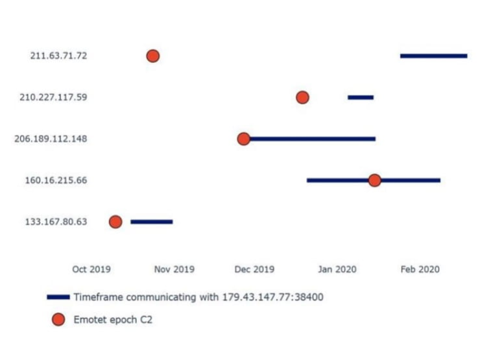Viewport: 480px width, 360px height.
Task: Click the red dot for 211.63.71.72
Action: coord(152,56)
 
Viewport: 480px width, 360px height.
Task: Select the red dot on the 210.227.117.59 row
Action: coord(302,97)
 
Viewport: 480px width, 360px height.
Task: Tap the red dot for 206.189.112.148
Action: coord(244,139)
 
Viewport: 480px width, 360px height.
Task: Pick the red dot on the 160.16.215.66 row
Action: coord(374,180)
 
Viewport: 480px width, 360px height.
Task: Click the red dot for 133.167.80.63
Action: coord(115,222)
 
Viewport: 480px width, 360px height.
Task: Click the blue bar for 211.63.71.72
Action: coord(433,56)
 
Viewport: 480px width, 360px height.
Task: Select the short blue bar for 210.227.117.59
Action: coord(361,97)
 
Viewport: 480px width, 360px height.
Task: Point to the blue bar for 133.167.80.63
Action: coord(152,222)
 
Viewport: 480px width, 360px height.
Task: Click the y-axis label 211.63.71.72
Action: coord(58,56)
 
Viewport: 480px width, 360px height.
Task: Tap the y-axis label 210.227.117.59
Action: coord(54,97)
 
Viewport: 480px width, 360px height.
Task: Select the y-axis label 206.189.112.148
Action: coord(51,139)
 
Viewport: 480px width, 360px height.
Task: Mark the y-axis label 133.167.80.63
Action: coord(56,222)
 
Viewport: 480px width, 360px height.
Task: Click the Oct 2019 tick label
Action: coord(91,269)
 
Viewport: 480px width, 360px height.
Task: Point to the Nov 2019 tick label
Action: coord(174,269)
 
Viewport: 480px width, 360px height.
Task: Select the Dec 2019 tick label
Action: coord(254,269)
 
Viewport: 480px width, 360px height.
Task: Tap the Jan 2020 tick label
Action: coord(337,269)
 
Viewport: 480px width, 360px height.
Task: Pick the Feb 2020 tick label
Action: coord(420,269)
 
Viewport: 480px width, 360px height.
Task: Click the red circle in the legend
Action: coord(58,319)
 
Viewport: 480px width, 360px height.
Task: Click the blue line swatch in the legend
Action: coord(58,297)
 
